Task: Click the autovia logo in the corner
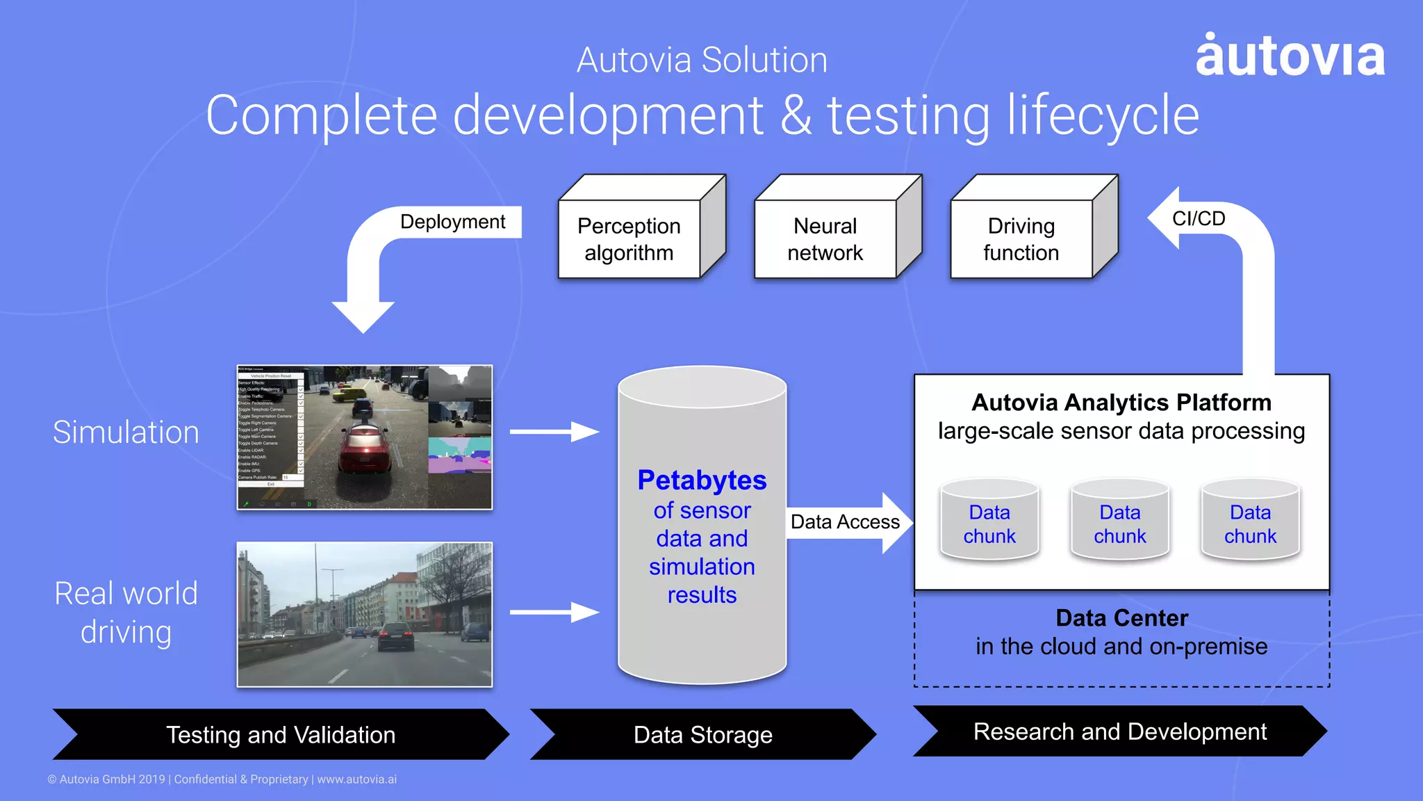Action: (x=1290, y=56)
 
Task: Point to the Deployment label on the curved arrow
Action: (x=452, y=222)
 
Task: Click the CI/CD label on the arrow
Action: (x=1199, y=218)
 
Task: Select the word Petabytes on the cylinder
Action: (x=702, y=480)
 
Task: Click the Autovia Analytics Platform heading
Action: (x=1121, y=403)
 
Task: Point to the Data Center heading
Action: (x=1121, y=617)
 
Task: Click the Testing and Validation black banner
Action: (x=281, y=734)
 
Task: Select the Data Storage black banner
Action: (x=702, y=734)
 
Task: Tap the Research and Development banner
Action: (x=1119, y=731)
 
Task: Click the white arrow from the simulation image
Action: (x=554, y=432)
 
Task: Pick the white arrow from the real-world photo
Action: (x=554, y=612)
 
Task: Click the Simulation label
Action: (x=126, y=432)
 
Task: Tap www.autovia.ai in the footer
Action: (x=356, y=779)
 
